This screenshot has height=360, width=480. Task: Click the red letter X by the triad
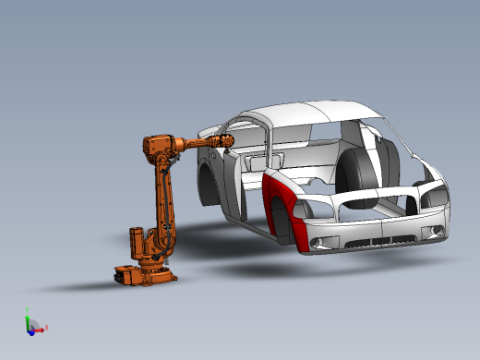pyautogui.click(x=45, y=327)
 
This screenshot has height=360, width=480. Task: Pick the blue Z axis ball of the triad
pyautogui.click(x=30, y=329)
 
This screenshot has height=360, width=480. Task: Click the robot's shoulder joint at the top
pyautogui.click(x=153, y=147)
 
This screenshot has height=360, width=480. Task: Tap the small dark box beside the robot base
pyautogui.click(x=122, y=273)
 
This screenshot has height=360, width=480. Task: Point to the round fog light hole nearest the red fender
pyautogui.click(x=318, y=242)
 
